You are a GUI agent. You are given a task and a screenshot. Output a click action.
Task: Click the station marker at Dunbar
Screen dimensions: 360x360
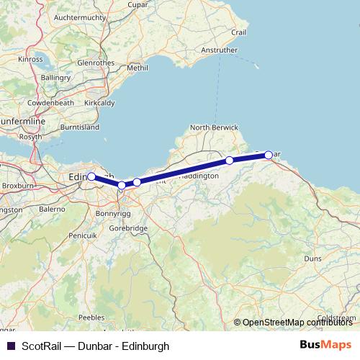pos(269,155)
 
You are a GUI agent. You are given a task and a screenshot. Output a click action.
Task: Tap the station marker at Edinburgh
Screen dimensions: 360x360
pos(91,176)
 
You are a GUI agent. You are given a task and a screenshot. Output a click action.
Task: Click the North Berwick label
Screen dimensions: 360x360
pos(214,127)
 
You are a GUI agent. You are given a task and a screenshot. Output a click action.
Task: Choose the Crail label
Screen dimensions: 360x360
pos(258,33)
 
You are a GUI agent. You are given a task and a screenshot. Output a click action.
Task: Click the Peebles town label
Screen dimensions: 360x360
pos(92,317)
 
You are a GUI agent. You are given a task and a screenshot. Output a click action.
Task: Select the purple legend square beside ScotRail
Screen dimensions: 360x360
pos(10,346)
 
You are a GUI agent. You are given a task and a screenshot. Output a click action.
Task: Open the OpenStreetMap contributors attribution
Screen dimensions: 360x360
pos(302,322)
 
